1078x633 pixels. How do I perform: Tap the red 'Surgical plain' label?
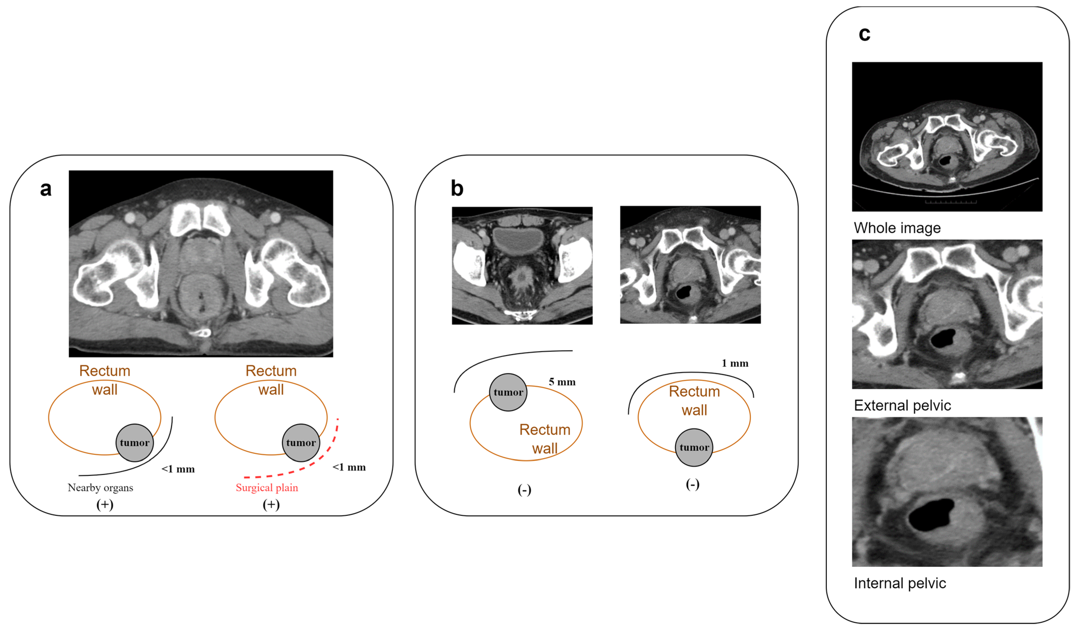pos(267,488)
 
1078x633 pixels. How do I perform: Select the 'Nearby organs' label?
pos(100,488)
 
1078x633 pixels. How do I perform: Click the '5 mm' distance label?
pos(562,382)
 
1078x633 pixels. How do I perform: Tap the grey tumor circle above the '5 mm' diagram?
pos(508,392)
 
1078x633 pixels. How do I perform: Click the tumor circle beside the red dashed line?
pos(301,443)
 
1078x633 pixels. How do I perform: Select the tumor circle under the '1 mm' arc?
pos(694,447)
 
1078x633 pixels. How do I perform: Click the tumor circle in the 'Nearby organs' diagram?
pos(134,443)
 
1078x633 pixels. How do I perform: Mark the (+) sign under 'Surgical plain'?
pos(271,505)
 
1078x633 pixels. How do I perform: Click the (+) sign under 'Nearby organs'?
pos(105,505)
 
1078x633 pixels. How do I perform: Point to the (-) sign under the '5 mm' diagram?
pos(525,490)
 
